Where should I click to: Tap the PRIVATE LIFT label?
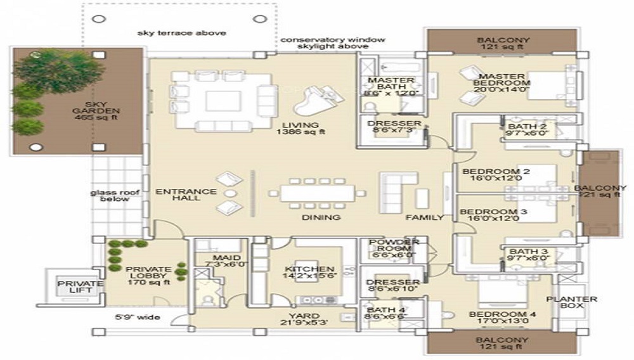[x=80, y=287]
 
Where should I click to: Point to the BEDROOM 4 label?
[x=497, y=318]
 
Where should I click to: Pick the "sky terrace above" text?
[x=182, y=33]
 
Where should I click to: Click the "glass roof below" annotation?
[x=109, y=195]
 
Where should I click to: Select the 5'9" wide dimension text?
[x=138, y=317]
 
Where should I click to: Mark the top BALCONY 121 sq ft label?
[x=503, y=44]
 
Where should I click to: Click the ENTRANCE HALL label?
[x=178, y=195]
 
